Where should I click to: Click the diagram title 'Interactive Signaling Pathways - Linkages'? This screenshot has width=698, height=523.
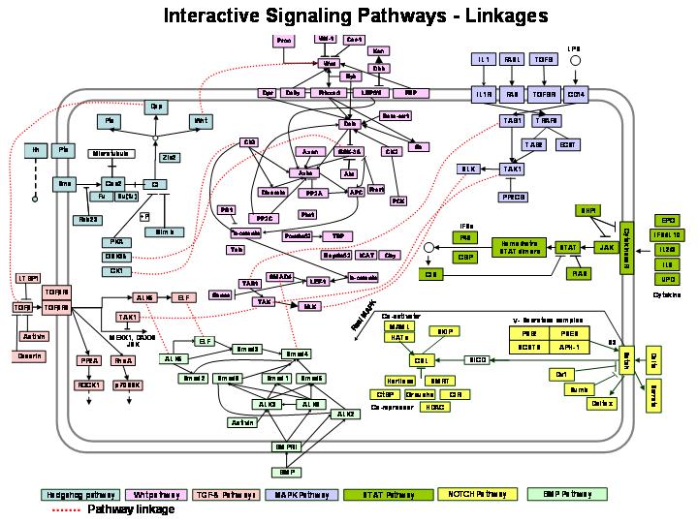click(x=355, y=15)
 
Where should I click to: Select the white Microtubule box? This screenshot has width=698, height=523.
click(x=114, y=153)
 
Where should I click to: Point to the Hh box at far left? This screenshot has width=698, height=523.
click(x=36, y=149)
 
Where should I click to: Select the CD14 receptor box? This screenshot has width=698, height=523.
click(x=576, y=94)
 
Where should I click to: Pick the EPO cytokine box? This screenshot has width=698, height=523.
click(x=667, y=220)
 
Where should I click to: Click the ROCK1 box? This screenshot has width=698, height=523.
click(x=88, y=385)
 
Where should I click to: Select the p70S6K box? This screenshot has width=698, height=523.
click(x=128, y=385)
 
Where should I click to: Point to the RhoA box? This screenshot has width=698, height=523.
click(x=124, y=359)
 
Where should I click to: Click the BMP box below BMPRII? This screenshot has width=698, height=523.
click(x=286, y=472)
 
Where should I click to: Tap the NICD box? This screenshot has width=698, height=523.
click(x=477, y=359)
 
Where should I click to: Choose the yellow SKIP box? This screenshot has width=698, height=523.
click(x=446, y=331)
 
